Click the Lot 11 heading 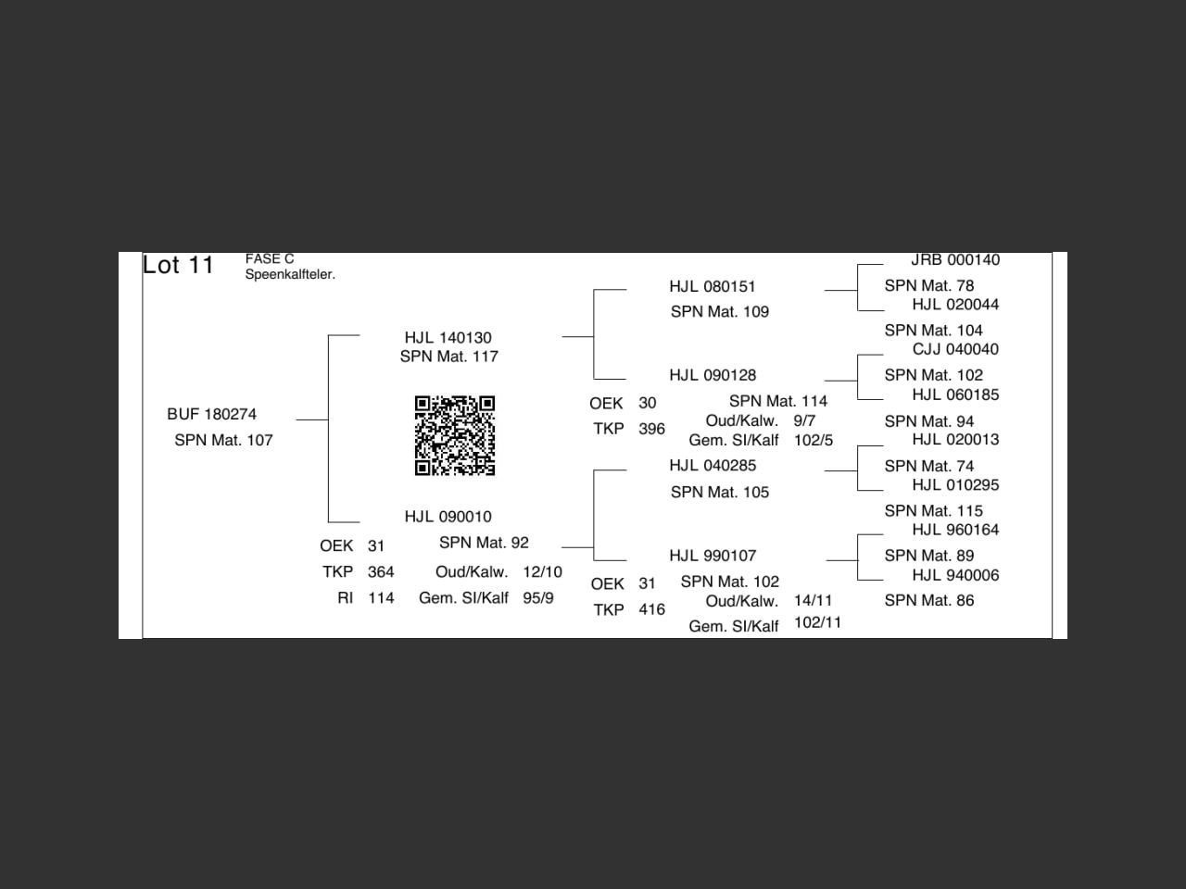tap(178, 266)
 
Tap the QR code tap(454, 435)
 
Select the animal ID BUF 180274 tap(211, 414)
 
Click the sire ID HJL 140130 tap(448, 338)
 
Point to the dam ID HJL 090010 tap(448, 517)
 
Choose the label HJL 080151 tap(713, 287)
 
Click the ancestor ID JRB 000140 tap(954, 260)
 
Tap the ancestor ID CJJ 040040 tap(954, 349)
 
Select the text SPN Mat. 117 tap(448, 357)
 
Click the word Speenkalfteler tap(290, 275)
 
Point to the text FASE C tap(270, 259)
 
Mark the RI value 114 tap(381, 598)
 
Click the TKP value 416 tap(651, 609)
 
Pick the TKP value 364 tap(381, 572)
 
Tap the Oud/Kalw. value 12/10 tap(542, 572)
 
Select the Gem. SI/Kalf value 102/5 tap(814, 441)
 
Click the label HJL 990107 tap(713, 556)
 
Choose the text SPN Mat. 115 tap(933, 511)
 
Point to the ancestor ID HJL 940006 tap(954, 575)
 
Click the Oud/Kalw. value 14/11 tap(813, 601)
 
